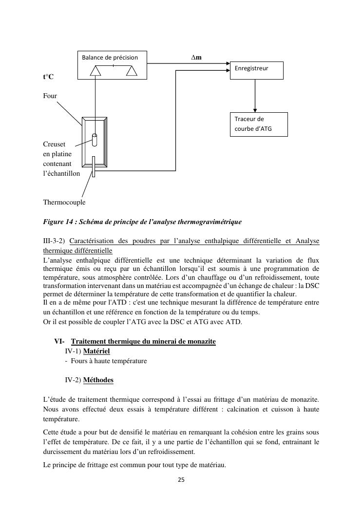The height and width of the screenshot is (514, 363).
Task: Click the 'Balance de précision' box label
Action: click(x=110, y=58)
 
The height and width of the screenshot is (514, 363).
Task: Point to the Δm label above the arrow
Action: click(x=196, y=58)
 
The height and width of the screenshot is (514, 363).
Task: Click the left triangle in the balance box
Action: click(x=96, y=71)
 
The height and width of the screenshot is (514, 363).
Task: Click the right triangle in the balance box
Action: click(x=132, y=71)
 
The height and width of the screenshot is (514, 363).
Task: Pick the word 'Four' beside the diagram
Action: click(x=50, y=96)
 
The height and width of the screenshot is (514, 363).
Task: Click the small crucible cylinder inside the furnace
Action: click(x=95, y=139)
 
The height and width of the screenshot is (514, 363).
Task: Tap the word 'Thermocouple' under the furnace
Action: click(x=64, y=202)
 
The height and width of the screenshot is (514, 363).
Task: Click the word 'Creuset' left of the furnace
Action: click(x=54, y=144)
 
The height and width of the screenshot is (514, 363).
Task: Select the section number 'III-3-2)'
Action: click(x=55, y=241)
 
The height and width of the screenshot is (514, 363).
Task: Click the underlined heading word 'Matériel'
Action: click(x=96, y=351)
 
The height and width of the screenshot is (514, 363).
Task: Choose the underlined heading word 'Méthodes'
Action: click(x=98, y=380)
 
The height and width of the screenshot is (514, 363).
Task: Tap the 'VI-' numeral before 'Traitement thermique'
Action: click(x=59, y=341)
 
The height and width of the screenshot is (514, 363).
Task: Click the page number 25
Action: click(x=181, y=479)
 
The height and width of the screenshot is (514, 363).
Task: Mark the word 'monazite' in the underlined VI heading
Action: click(x=200, y=341)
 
